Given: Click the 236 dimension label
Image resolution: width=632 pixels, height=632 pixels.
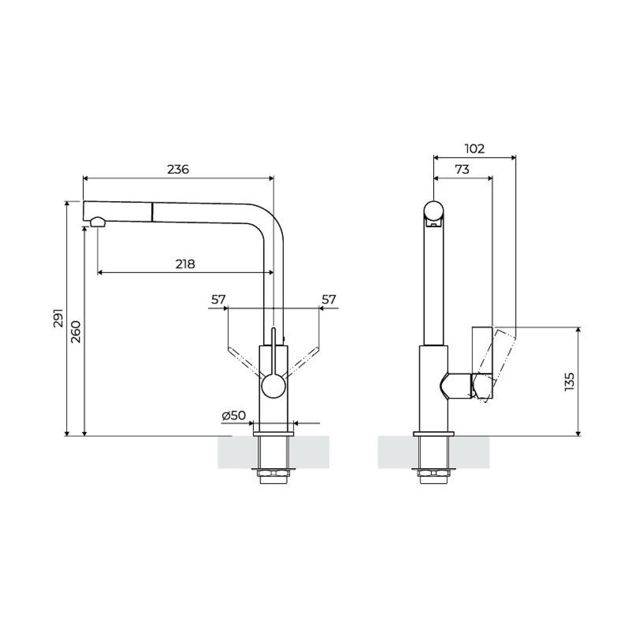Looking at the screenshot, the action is (x=178, y=170).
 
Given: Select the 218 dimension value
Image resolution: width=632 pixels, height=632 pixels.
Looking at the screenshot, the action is (x=185, y=264).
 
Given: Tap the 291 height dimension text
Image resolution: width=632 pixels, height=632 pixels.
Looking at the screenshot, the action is (x=58, y=318).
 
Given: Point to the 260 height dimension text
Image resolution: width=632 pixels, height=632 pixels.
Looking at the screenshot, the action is (x=76, y=332).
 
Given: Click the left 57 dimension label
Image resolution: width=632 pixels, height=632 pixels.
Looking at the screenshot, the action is (x=218, y=299).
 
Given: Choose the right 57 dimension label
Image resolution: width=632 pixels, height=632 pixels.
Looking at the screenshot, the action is (x=329, y=299).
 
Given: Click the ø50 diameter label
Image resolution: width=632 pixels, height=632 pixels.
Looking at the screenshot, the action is (x=234, y=416).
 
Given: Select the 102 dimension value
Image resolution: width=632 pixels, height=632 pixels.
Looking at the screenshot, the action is (x=474, y=149).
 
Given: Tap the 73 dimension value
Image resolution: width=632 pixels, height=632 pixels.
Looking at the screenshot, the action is (x=462, y=170).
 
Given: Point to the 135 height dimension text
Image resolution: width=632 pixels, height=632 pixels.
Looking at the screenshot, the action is (x=570, y=382).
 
